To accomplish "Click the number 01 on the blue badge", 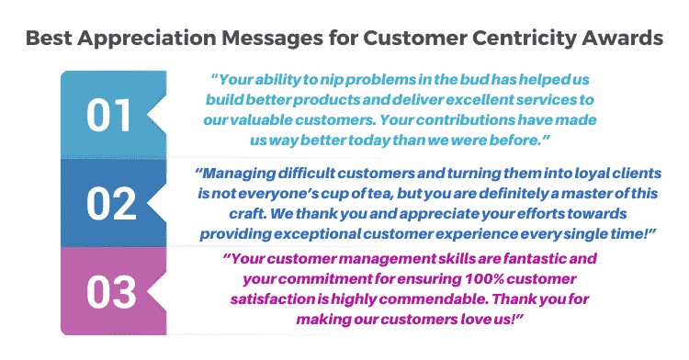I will [111, 116].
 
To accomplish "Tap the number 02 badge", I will [111, 203].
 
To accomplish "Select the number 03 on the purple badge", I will [111, 291].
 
